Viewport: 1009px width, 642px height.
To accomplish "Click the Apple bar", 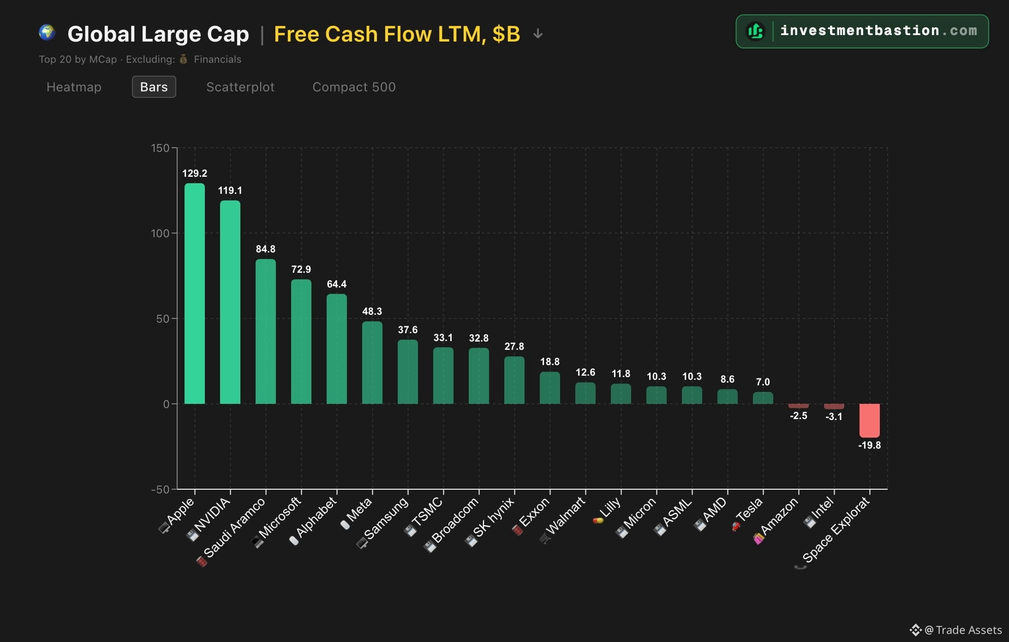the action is pyautogui.click(x=195, y=294).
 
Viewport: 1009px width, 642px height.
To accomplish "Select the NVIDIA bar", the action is pyautogui.click(x=230, y=302).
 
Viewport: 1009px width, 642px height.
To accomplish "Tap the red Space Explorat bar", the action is pyautogui.click(x=869, y=420).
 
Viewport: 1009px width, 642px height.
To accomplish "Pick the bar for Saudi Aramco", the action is pyautogui.click(x=266, y=331).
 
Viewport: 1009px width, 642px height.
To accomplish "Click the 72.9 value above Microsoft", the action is pyautogui.click(x=301, y=269).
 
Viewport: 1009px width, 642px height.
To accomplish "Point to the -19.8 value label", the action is pyautogui.click(x=869, y=445).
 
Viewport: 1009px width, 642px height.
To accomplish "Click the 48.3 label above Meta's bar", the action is pyautogui.click(x=372, y=312).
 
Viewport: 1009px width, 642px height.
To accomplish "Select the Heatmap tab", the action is pyautogui.click(x=74, y=87).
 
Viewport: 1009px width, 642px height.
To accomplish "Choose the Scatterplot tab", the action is pyautogui.click(x=240, y=87).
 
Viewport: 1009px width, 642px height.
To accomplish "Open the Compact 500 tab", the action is pyautogui.click(x=354, y=87).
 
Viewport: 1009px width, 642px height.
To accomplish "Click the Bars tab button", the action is pyautogui.click(x=154, y=87).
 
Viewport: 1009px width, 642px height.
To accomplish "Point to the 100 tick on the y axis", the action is pyautogui.click(x=160, y=234).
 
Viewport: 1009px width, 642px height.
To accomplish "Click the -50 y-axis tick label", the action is pyautogui.click(x=160, y=489).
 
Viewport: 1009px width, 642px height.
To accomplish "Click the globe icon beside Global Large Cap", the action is pyautogui.click(x=47, y=33).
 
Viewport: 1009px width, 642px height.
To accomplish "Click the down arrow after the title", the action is pyautogui.click(x=538, y=34).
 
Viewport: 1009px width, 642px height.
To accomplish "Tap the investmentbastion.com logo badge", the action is pyautogui.click(x=862, y=31).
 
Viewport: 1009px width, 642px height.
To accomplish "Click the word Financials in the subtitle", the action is pyautogui.click(x=217, y=60).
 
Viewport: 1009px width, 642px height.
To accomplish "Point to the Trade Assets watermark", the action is pyautogui.click(x=955, y=630).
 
